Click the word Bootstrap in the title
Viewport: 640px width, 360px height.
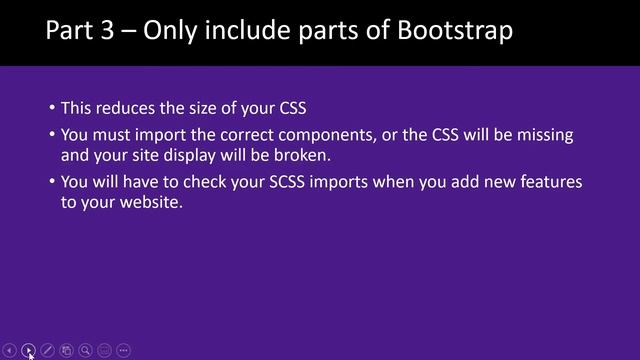(456, 30)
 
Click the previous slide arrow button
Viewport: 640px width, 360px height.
(10, 350)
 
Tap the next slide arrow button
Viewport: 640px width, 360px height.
(29, 350)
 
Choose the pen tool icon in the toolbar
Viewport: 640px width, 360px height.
(48, 350)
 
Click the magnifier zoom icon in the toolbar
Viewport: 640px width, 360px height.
(86, 350)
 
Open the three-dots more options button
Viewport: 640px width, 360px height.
(124, 350)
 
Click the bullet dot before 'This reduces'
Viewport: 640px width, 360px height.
(52, 108)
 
